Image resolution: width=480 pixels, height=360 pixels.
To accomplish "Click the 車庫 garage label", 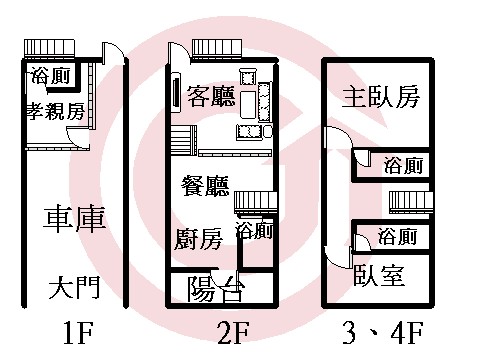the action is pos(75,219).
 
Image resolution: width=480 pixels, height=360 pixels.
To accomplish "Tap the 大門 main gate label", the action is pos(74,288).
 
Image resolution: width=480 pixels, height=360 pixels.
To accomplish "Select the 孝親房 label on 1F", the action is pos(56,111).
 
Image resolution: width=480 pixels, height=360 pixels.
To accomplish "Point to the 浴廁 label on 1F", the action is pos(51,76).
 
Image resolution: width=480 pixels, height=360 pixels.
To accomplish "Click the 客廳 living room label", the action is pos(211,96).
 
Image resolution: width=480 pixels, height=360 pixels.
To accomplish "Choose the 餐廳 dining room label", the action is pos(206,186).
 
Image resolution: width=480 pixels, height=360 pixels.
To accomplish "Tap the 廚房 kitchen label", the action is pos(199,239).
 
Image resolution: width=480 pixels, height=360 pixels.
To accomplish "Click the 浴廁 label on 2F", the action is pos(255,231).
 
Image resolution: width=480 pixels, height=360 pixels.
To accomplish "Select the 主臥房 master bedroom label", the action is pos(381,97).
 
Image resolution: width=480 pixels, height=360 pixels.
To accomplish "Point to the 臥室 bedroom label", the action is pos(379,275).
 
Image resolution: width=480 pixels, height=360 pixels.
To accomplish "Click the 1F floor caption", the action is pos(78,332).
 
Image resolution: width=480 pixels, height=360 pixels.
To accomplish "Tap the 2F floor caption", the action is pos(233,332).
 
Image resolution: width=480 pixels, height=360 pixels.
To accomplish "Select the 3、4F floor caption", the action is pos(383,332).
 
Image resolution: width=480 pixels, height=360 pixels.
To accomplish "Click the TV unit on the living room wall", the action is pos(176,92).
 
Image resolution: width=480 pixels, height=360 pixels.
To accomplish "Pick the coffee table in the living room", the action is pos(248,104).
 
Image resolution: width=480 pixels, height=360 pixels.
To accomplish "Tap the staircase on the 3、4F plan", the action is pos(411,202).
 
